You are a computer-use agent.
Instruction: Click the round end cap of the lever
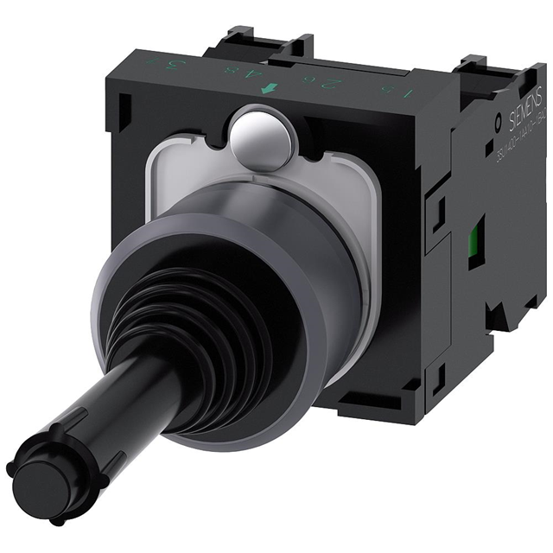35,479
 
